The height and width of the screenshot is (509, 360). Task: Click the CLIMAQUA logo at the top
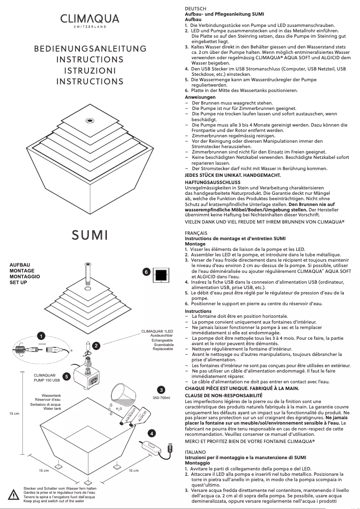point(90,18)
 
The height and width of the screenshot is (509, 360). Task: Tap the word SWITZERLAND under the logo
point(90,27)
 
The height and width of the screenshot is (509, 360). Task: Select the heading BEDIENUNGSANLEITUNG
point(90,48)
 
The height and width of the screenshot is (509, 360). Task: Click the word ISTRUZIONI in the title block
point(90,70)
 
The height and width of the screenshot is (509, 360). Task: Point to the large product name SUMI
point(90,234)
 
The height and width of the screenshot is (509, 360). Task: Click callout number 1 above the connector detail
point(41,336)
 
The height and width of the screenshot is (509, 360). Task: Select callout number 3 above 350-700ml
point(161,389)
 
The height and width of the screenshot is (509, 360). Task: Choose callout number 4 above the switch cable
point(152,433)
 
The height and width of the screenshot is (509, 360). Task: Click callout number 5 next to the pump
point(66,377)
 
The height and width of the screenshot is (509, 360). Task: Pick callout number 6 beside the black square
point(146,272)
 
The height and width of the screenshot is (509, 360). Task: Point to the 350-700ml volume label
point(161,398)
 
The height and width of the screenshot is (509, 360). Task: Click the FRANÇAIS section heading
point(196,233)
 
